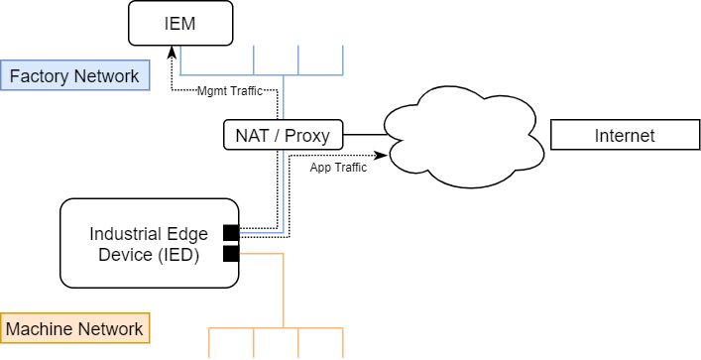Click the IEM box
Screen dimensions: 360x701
tap(180, 23)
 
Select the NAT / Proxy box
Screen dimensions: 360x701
tap(283, 134)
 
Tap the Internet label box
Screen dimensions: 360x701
tap(624, 135)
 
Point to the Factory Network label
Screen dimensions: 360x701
tap(75, 76)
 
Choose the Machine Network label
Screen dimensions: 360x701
tap(75, 328)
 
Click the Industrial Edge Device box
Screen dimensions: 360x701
tap(149, 243)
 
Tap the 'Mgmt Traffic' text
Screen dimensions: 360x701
tap(229, 90)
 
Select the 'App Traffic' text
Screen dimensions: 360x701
tap(338, 167)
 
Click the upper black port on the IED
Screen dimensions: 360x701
tap(231, 233)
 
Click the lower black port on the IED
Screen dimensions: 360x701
tap(231, 254)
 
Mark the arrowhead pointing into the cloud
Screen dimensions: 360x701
tap(382, 155)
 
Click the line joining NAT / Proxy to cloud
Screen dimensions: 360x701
tap(363, 134)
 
